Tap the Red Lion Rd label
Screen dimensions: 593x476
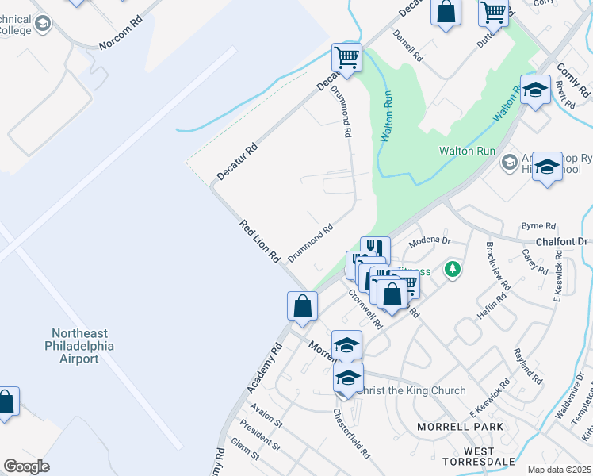tap(261, 241)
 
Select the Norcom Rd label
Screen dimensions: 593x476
tap(120, 40)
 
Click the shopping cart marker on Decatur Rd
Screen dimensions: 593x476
tap(346, 58)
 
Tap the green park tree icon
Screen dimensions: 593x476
tap(453, 270)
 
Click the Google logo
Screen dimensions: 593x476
tap(26, 466)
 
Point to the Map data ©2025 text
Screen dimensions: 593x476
tap(560, 470)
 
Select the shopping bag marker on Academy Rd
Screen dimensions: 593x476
tap(303, 306)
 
